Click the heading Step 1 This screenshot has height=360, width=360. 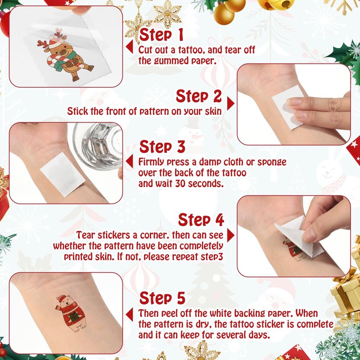[161, 35]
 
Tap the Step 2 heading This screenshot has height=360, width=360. [199, 96]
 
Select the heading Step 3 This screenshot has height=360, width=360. [162, 147]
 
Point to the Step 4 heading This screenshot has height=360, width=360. [201, 220]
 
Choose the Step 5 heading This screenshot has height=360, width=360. [162, 298]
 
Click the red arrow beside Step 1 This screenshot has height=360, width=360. [130, 47]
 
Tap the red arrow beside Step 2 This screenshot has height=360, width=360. [231, 103]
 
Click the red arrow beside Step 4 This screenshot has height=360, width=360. [231, 235]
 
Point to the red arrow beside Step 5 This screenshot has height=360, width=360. [130, 315]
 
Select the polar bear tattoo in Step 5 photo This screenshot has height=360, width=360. [71, 313]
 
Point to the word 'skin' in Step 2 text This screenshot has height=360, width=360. [213, 111]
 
